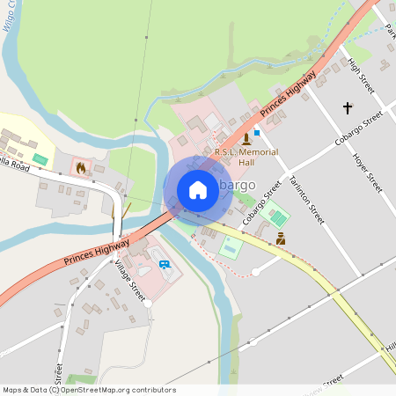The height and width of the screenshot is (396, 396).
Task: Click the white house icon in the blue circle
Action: pos(198,189)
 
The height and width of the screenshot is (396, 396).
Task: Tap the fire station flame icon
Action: pos(81,166)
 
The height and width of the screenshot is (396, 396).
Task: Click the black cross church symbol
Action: pos(348,108)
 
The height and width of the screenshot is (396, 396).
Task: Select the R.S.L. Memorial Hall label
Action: pos(246,158)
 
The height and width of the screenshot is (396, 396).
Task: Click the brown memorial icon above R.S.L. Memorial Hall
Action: pos(246,138)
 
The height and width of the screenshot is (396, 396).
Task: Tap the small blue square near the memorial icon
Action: pos(256,131)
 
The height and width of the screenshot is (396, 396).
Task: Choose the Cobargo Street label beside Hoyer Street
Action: pos(359,128)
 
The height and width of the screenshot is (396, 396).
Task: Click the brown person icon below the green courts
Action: pos(281,238)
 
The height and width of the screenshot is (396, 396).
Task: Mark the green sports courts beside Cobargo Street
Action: pos(275,214)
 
